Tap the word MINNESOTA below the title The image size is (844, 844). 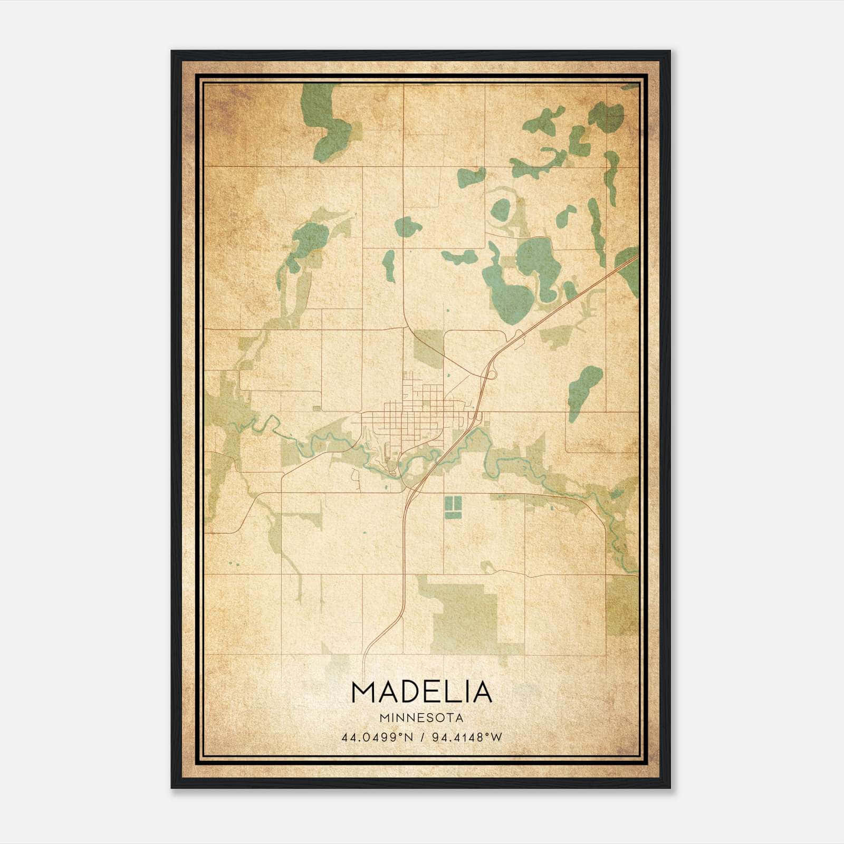421,718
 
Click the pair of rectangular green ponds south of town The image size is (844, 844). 453,505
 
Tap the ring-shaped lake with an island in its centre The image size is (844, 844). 500,209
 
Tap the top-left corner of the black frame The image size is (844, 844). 172,52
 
